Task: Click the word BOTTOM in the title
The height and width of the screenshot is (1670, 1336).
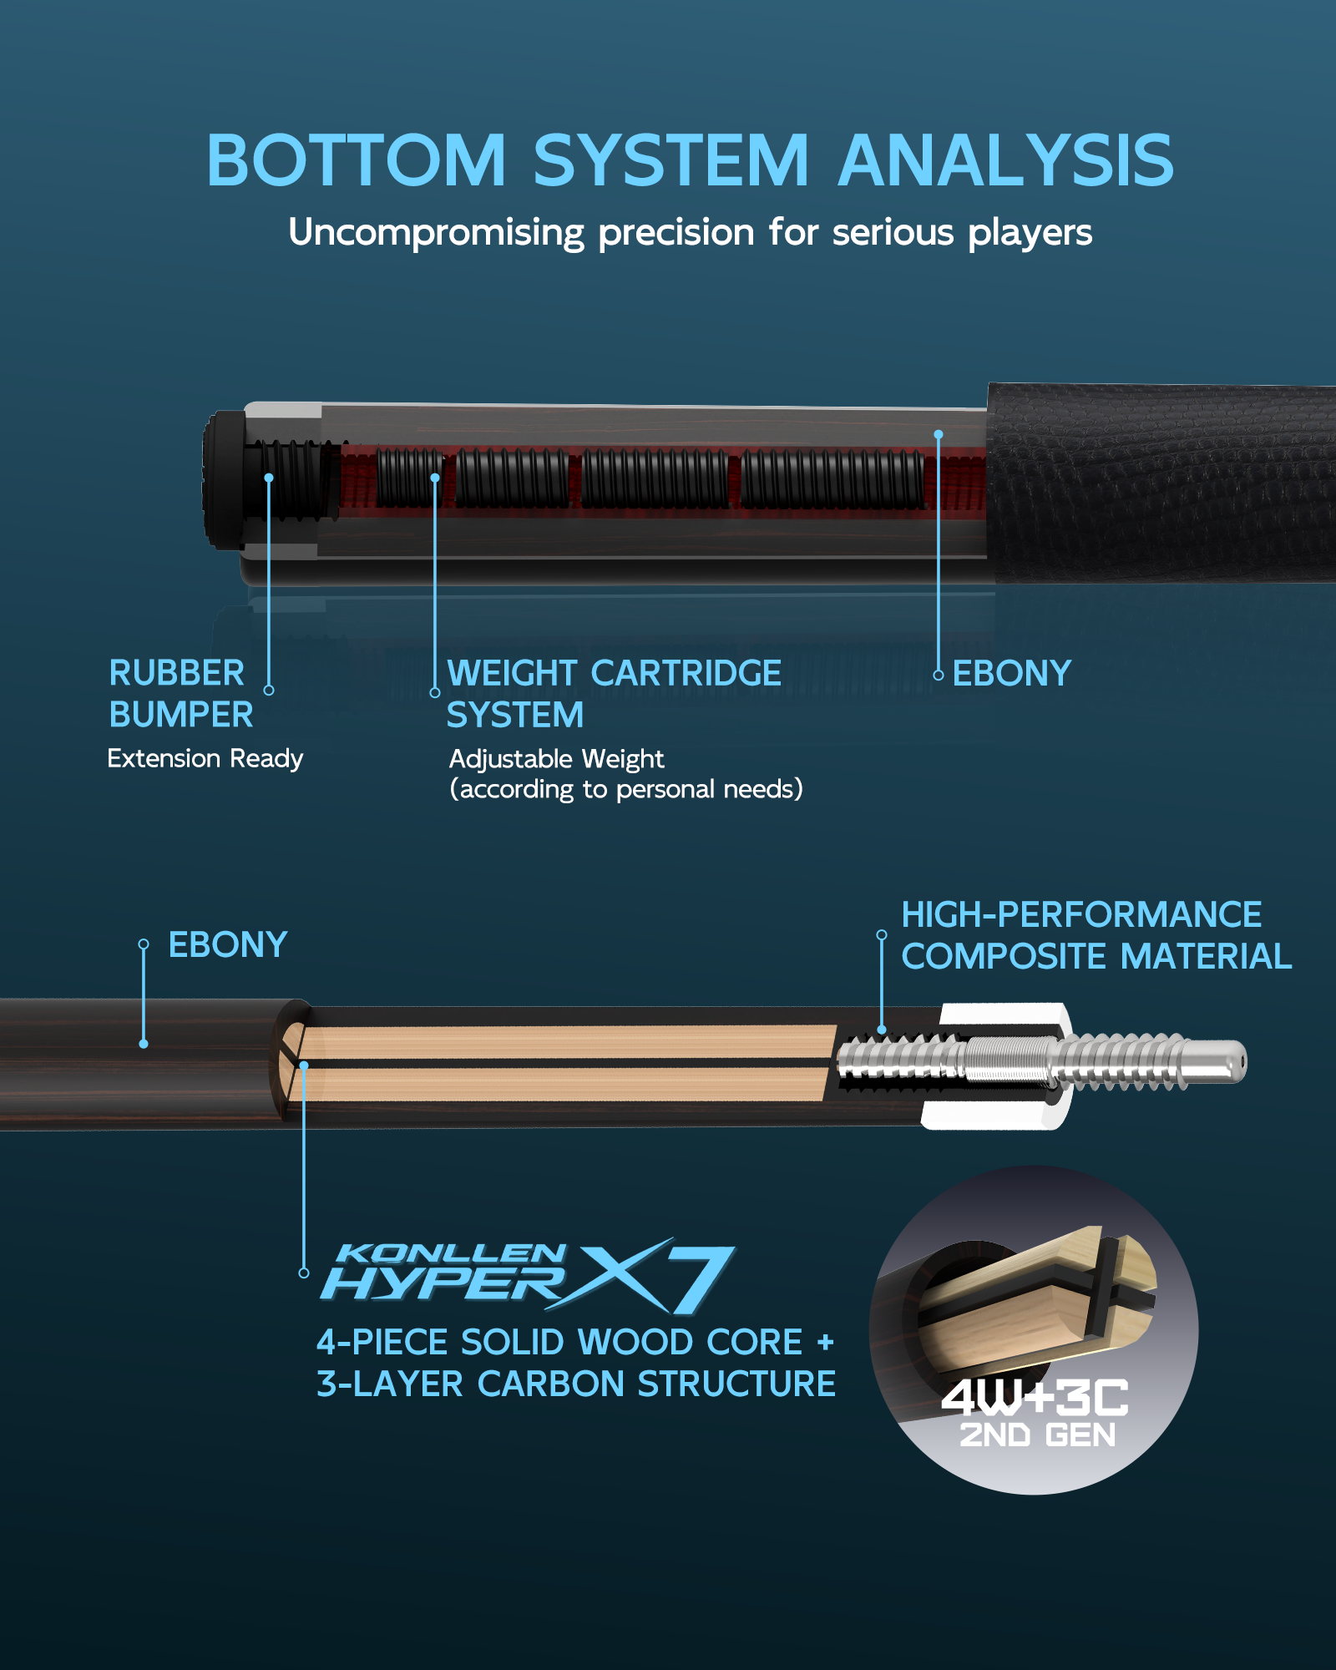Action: click(357, 160)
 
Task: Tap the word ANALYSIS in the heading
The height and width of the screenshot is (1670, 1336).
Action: click(1006, 160)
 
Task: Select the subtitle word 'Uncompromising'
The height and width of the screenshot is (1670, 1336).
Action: click(436, 233)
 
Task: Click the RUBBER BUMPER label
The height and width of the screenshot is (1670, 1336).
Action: click(180, 694)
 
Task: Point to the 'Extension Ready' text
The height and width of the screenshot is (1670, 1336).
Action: click(205, 758)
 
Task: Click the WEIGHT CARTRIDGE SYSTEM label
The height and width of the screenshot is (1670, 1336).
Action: click(614, 694)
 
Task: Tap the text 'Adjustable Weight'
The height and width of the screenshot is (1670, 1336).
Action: click(556, 759)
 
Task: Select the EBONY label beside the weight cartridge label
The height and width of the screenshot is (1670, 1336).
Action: click(1011, 674)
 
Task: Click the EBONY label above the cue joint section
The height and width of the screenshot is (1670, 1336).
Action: click(228, 945)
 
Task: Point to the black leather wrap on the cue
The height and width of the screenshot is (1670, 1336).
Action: click(1161, 483)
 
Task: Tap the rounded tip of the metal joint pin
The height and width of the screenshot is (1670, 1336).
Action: click(1236, 1062)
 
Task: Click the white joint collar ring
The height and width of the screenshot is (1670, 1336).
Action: click(998, 1066)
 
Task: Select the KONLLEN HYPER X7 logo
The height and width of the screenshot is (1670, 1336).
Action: click(528, 1275)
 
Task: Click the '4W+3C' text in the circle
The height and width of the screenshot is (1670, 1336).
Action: click(1035, 1398)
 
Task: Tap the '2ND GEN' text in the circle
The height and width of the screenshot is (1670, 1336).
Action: click(1038, 1435)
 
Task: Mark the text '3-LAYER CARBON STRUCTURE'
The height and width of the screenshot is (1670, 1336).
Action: click(576, 1384)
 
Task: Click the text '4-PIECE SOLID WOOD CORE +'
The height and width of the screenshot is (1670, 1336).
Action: click(575, 1343)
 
